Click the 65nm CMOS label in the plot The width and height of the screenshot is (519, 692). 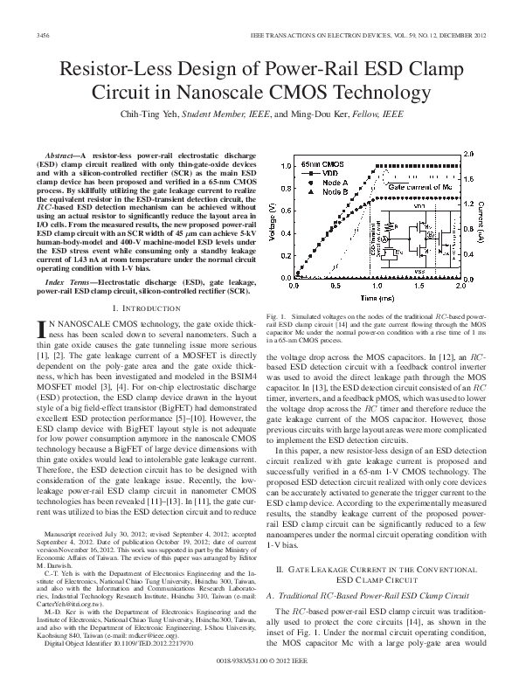(x=323, y=164)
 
